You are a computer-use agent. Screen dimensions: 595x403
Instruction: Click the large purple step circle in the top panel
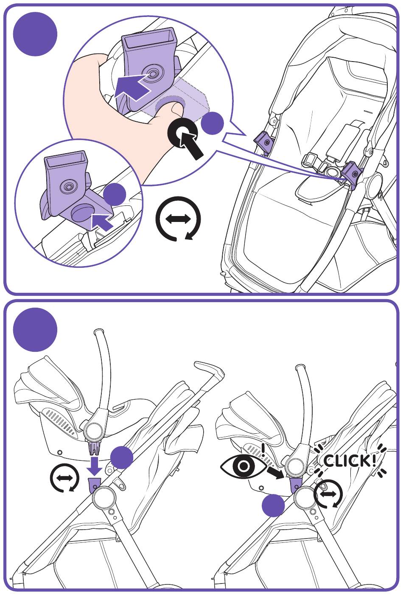point(35,34)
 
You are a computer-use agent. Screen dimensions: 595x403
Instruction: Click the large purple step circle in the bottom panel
point(35,330)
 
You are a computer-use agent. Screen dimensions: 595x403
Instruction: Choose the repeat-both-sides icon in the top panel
point(178,219)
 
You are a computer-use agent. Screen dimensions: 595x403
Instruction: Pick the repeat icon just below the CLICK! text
point(329,494)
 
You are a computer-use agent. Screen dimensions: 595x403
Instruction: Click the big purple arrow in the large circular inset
point(132,87)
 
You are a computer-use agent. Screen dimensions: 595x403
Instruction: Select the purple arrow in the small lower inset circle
point(102,221)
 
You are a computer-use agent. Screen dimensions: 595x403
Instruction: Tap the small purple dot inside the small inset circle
point(115,195)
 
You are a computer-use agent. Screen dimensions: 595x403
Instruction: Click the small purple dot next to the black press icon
point(212,123)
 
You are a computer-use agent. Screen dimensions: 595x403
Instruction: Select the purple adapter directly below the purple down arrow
point(95,484)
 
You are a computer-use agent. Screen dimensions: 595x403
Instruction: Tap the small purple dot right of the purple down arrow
point(121,457)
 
